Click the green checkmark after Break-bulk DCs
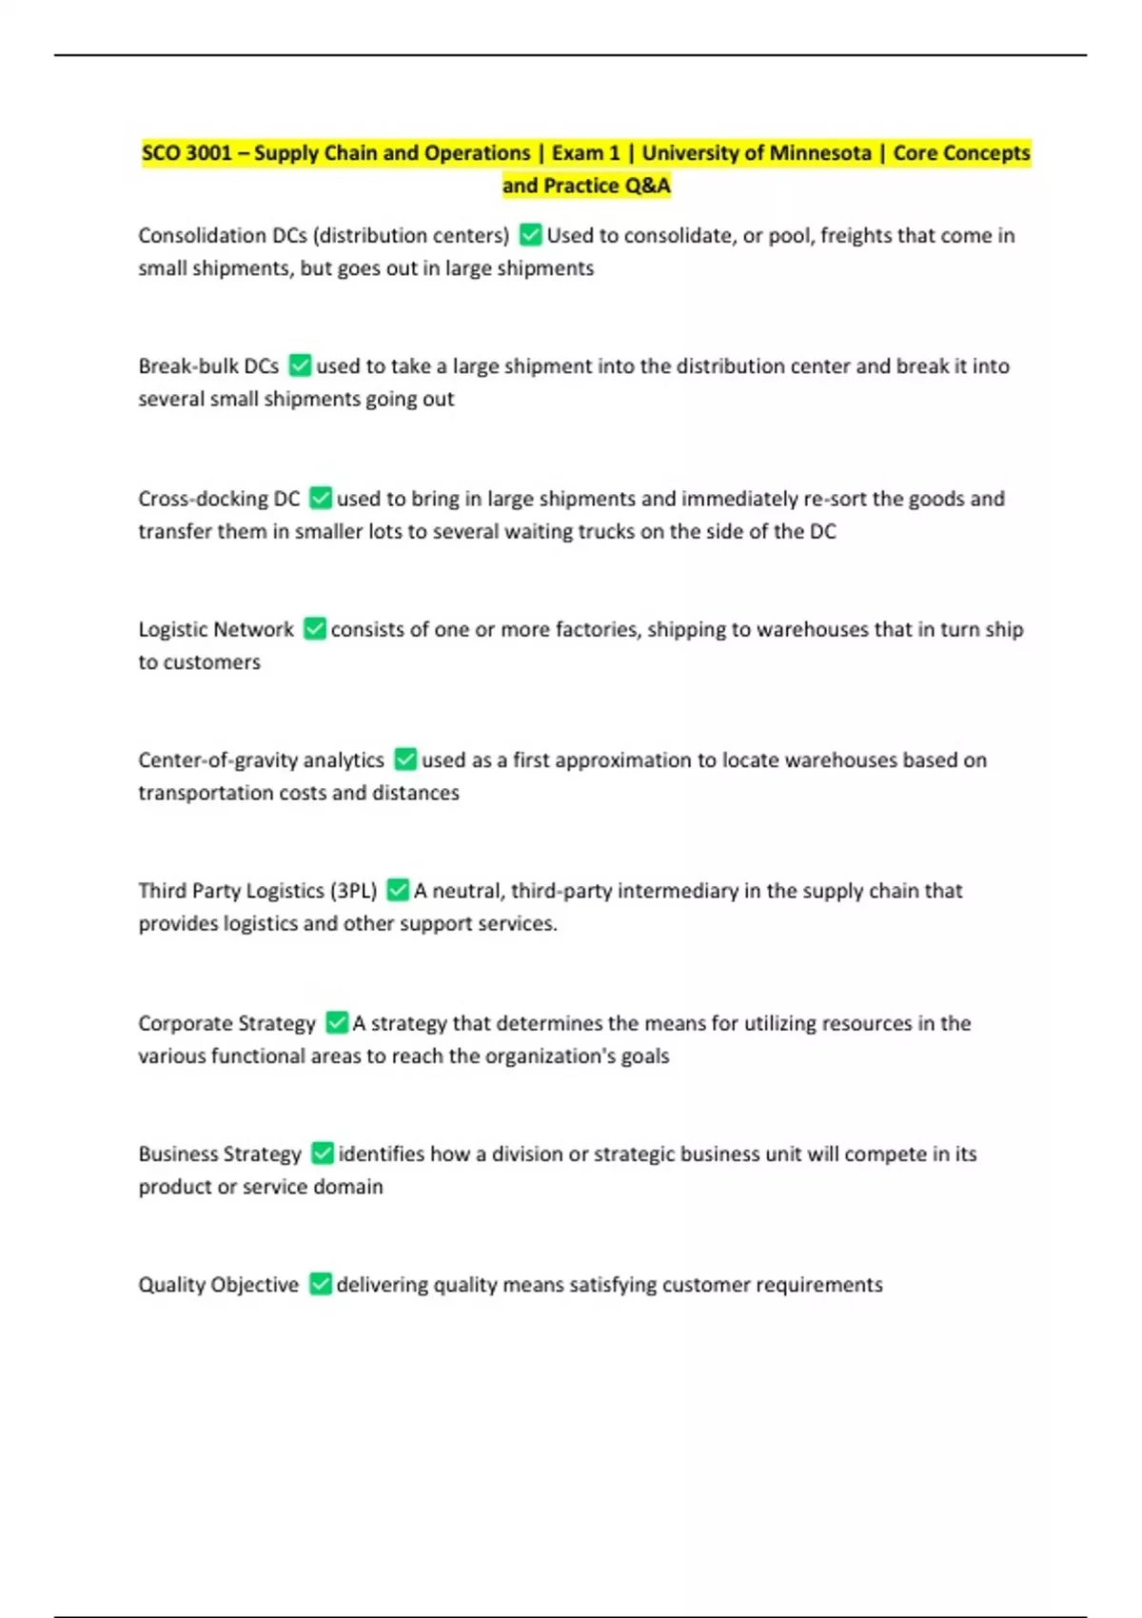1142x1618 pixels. pos(300,365)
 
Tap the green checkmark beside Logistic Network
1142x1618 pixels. pos(314,629)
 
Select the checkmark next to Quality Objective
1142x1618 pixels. pos(321,1284)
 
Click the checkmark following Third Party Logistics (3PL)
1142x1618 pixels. pos(398,890)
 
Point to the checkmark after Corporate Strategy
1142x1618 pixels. pos(337,1022)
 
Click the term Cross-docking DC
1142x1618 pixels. pos(219,499)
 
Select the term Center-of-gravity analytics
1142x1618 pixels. pos(261,760)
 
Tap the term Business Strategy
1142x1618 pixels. pos(220,1154)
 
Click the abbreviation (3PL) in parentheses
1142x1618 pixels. pos(353,891)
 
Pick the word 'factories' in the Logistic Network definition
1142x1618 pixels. pos(597,629)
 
